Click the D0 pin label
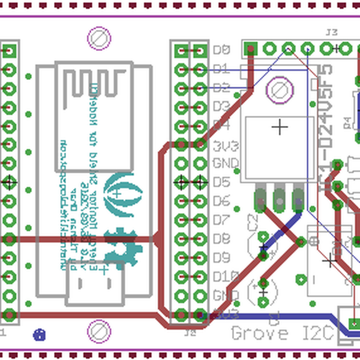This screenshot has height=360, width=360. tap(222, 50)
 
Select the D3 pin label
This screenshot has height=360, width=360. tap(222, 107)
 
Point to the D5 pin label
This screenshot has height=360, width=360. tap(222, 182)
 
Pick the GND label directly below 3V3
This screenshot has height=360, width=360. tap(226, 163)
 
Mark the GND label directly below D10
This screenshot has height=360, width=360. tap(226, 295)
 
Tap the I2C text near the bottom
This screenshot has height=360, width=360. tap(314, 333)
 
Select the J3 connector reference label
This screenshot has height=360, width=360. tap(331, 32)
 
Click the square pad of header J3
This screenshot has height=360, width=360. tap(251, 48)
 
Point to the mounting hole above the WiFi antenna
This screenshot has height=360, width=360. tap(99, 39)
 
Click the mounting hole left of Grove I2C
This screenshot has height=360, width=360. tap(99, 331)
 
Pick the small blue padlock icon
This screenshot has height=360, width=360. tap(40, 335)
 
